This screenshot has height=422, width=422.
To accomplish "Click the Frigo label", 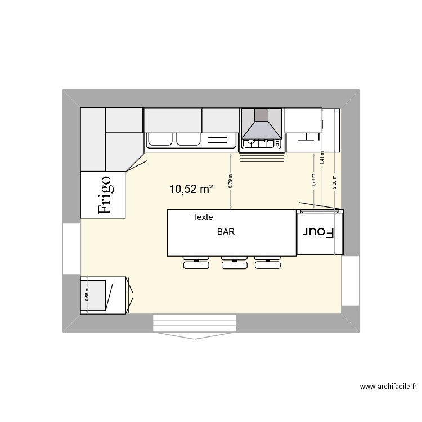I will pyautogui.click(x=105, y=195).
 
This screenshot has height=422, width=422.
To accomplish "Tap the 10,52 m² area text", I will pyautogui.click(x=191, y=190).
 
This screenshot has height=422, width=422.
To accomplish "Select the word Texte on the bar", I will pyautogui.click(x=203, y=217).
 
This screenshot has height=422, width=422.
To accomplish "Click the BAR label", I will pyautogui.click(x=226, y=231).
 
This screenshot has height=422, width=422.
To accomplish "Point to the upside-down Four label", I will pyautogui.click(x=319, y=232).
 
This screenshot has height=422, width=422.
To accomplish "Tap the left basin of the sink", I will pyautogui.click(x=161, y=139).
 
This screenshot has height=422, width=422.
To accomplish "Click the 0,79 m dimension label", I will pyautogui.click(x=230, y=180).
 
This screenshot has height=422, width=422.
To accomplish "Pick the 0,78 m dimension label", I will pyautogui.click(x=313, y=180).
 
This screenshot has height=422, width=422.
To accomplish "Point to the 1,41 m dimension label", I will pyautogui.click(x=322, y=158).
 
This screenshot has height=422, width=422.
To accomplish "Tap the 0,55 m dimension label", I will pyautogui.click(x=87, y=295).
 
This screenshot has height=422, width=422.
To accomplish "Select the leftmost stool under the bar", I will pyautogui.click(x=195, y=263).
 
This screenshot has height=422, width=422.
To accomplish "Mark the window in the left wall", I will pyautogui.click(x=71, y=249).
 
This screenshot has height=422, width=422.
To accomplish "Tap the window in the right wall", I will pyautogui.click(x=350, y=280).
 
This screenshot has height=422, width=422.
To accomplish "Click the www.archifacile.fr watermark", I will pyautogui.click(x=388, y=387).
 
